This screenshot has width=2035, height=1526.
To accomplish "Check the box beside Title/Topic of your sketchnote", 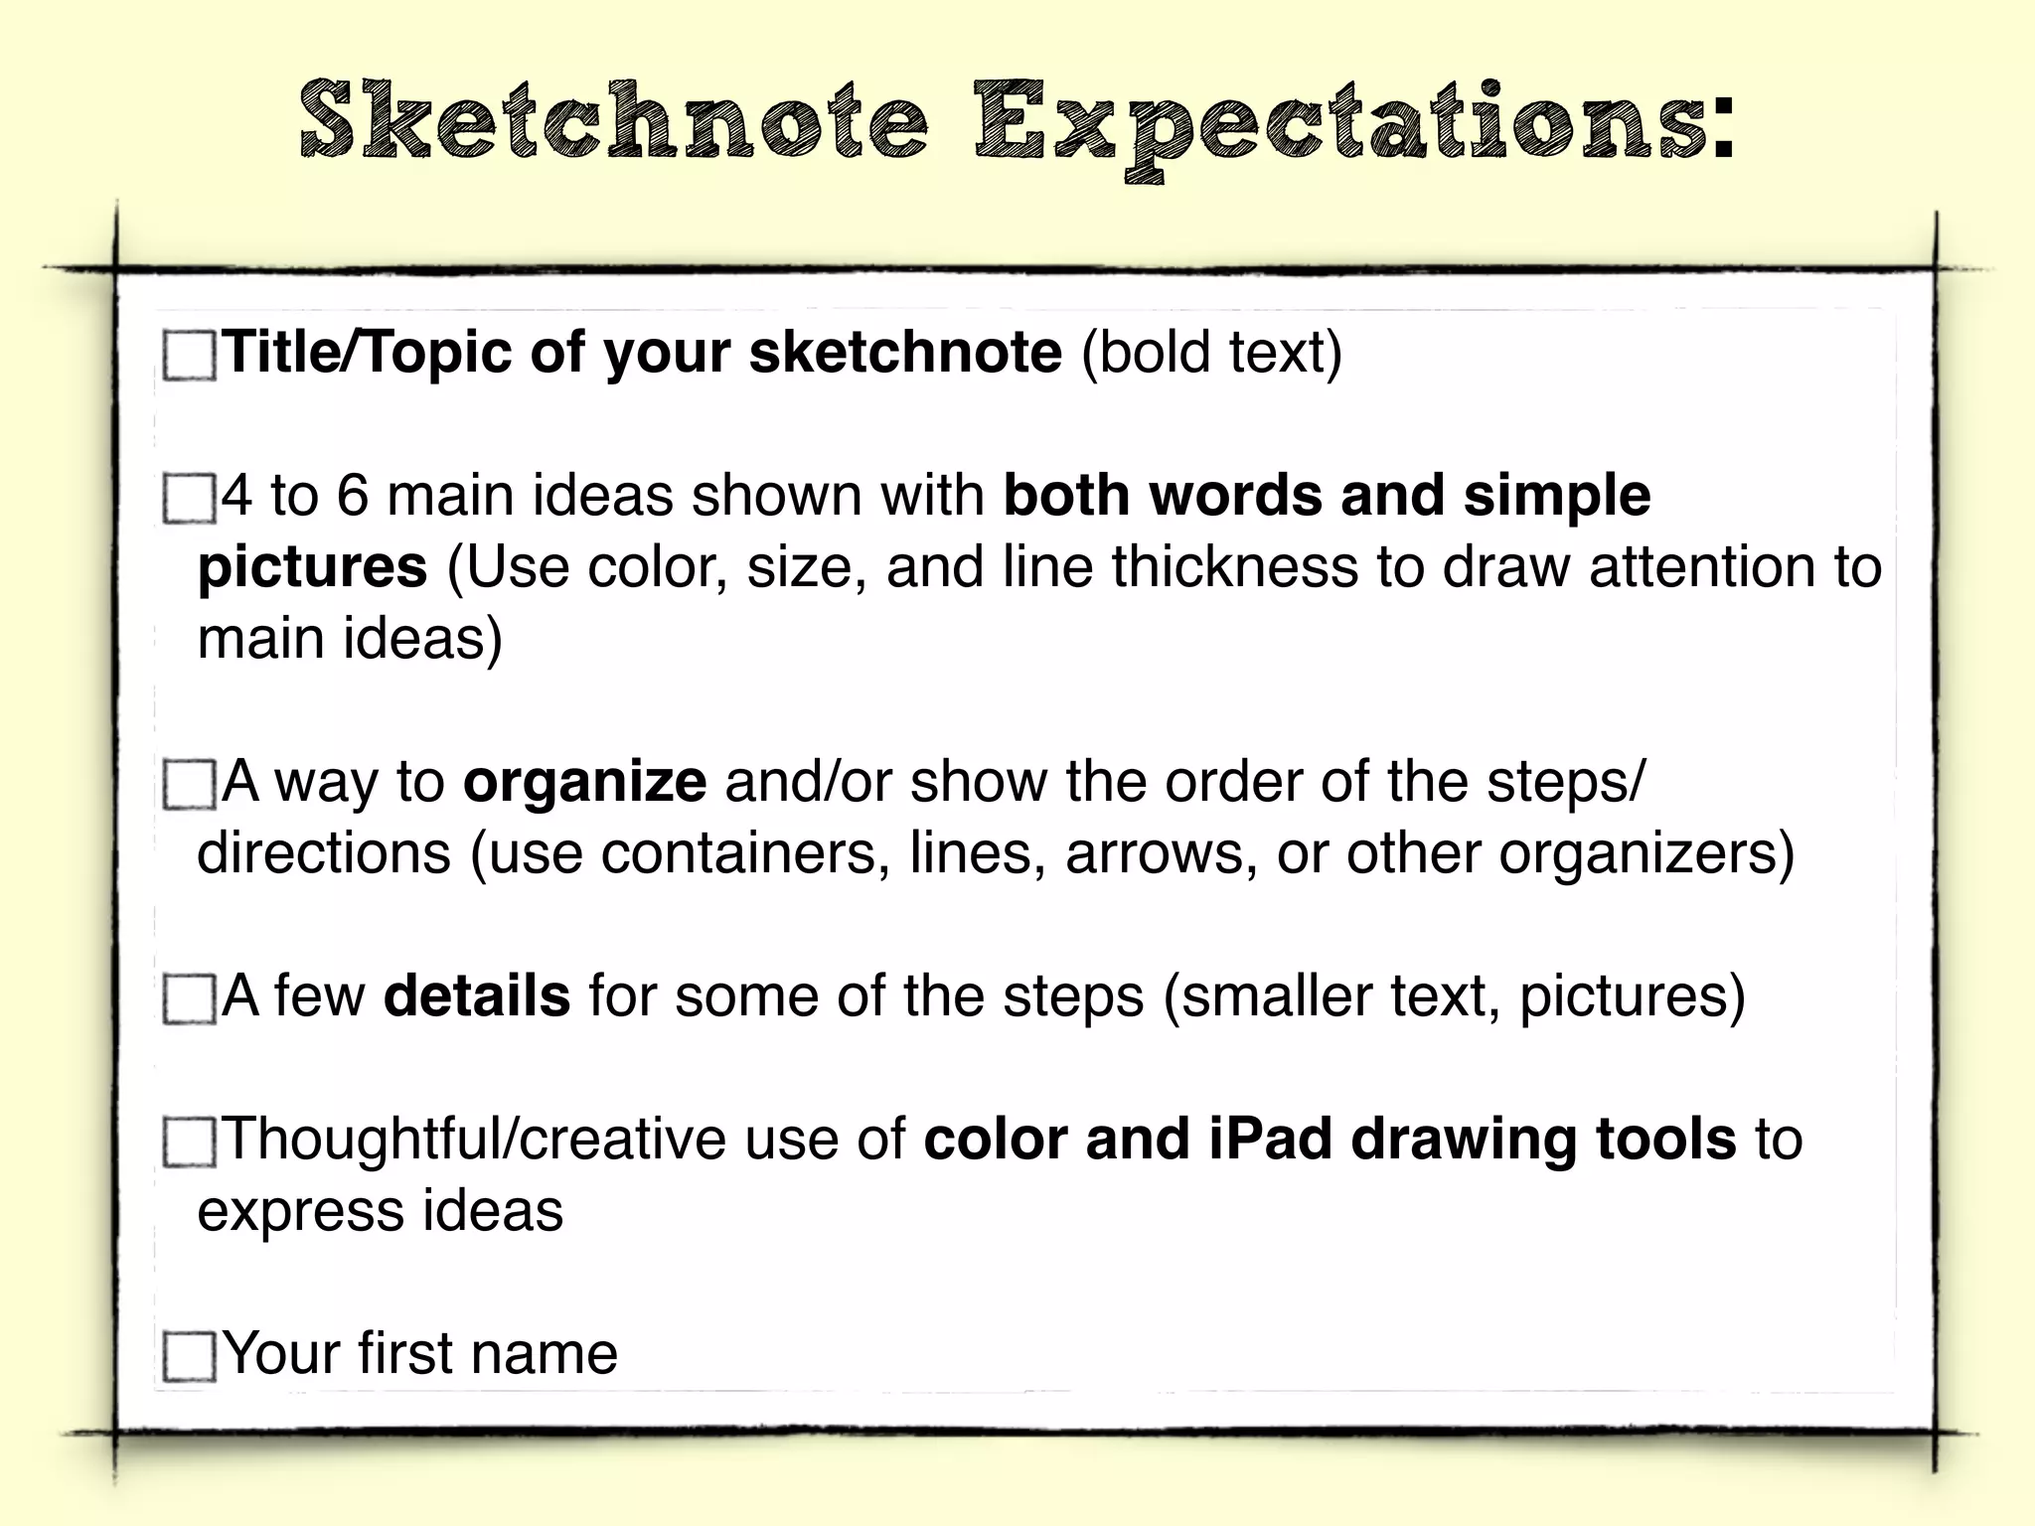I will tap(189, 356).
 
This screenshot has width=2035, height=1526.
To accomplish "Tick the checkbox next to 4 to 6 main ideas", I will tap(189, 498).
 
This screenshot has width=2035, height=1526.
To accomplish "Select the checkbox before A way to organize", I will tap(189, 785).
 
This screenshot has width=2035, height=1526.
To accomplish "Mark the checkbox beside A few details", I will tap(189, 998).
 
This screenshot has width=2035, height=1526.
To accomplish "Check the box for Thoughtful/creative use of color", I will tap(189, 1142).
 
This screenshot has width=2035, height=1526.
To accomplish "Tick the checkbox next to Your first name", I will tap(189, 1356).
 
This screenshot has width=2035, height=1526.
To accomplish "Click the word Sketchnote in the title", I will tap(614, 121).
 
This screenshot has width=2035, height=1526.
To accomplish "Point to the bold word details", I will tap(477, 995).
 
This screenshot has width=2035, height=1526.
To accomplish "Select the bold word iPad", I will tap(1270, 1139).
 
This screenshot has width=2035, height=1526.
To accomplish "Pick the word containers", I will tap(745, 853).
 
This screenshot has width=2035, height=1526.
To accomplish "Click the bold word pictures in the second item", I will tap(313, 568).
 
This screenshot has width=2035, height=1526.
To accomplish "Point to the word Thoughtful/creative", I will tap(475, 1139).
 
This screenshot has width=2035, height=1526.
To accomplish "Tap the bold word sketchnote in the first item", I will tap(905, 352).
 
